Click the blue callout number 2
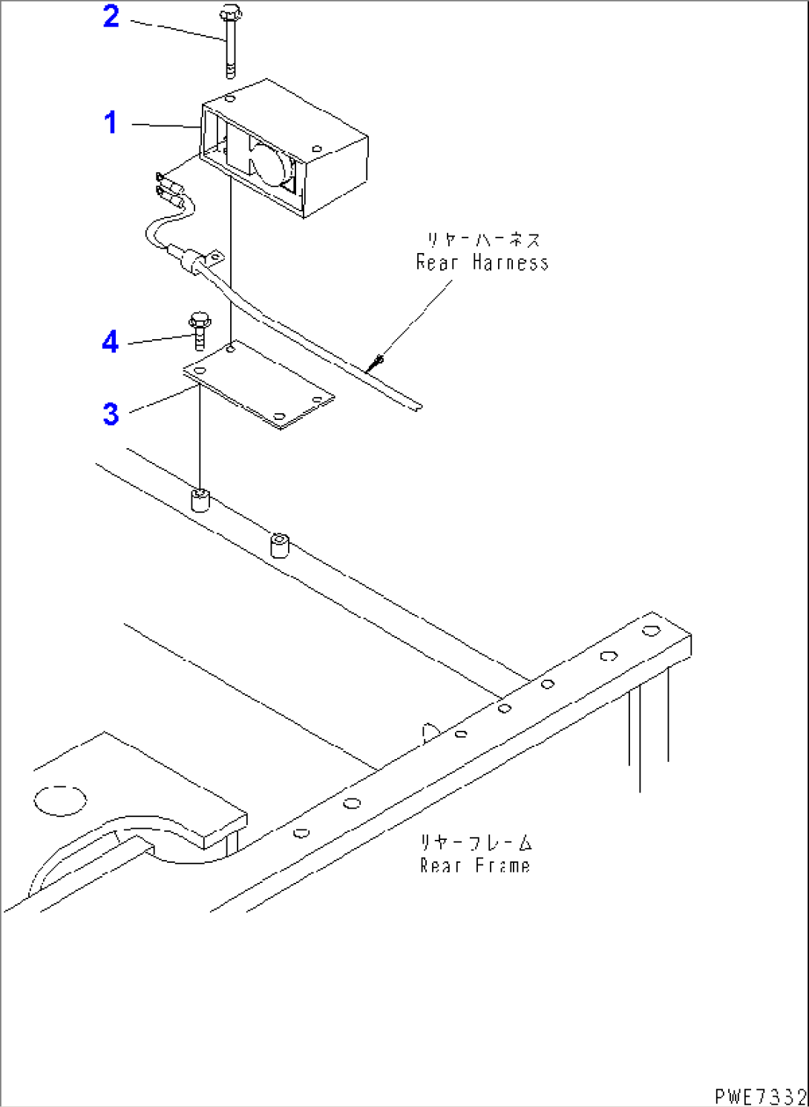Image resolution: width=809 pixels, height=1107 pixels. (111, 16)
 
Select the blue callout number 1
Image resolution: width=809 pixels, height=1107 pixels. (111, 122)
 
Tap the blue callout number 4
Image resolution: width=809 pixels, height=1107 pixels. (110, 342)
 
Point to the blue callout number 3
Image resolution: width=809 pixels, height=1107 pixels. (111, 413)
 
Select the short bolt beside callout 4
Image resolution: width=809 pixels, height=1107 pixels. (199, 332)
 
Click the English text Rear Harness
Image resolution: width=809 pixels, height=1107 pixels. (482, 263)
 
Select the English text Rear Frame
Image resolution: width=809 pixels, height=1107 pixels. (475, 866)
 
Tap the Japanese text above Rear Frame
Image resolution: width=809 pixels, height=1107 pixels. (476, 843)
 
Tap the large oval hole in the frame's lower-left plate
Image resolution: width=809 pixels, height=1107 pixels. (60, 801)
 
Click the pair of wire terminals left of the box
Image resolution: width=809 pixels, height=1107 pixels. (169, 188)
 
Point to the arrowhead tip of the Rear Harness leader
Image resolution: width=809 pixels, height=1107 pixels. (379, 360)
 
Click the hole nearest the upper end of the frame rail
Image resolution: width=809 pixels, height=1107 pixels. (651, 631)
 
